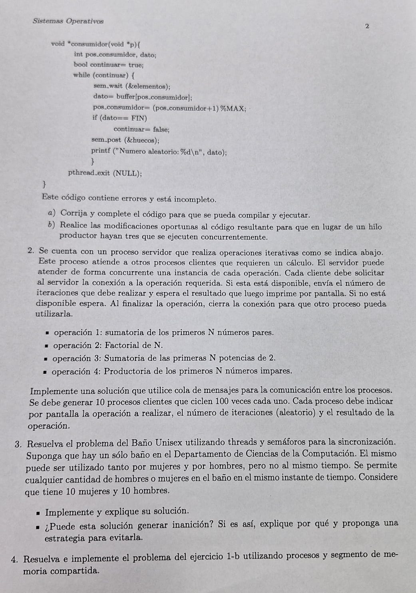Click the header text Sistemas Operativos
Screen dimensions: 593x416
click(x=68, y=21)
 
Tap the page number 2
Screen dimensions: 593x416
click(x=367, y=26)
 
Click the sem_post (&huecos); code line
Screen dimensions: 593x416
click(x=125, y=140)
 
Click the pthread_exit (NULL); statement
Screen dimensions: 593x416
click(x=105, y=173)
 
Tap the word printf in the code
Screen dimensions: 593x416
click(x=100, y=151)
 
